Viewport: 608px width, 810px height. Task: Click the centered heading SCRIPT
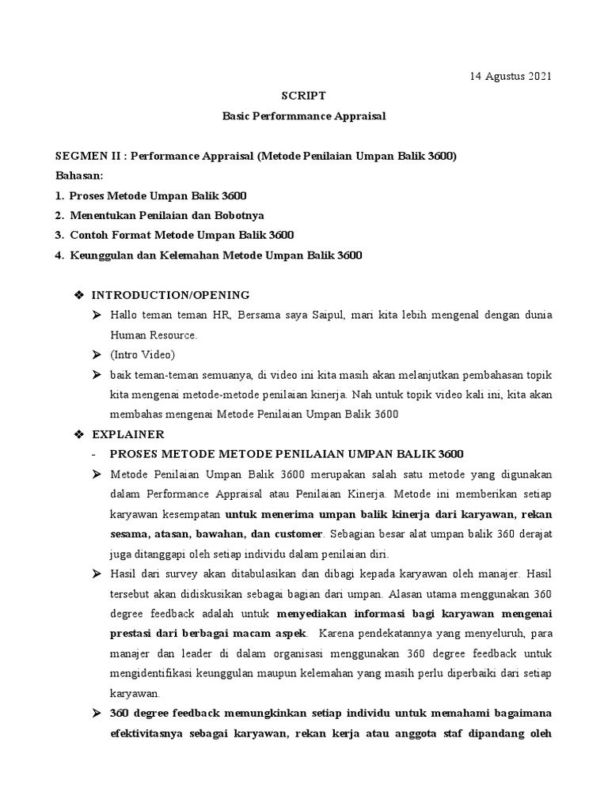[x=303, y=96]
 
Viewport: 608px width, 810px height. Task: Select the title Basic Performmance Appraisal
[x=303, y=115]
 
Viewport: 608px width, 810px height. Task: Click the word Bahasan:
[x=80, y=176]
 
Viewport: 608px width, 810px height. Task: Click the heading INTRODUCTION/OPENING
[x=170, y=295]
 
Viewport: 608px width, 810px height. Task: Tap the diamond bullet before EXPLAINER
[x=78, y=434]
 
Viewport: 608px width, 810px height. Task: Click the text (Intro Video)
[x=142, y=354]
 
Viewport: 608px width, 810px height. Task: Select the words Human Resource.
[x=148, y=335]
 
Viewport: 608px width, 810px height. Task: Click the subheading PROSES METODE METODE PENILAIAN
[x=287, y=454]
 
